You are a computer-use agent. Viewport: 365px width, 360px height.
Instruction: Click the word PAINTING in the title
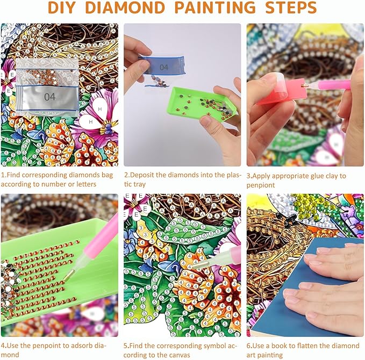tap(214, 8)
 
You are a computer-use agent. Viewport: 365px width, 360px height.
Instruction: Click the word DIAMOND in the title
tap(125, 8)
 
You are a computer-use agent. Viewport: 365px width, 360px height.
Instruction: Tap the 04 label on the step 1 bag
tap(49, 97)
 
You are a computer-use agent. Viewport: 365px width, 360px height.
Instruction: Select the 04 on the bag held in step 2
tap(163, 68)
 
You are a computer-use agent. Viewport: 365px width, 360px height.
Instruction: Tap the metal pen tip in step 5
tap(199, 265)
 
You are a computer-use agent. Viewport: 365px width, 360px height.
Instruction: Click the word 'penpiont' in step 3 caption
tap(261, 185)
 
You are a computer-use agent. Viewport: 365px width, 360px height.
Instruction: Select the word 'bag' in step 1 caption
tap(106, 175)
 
